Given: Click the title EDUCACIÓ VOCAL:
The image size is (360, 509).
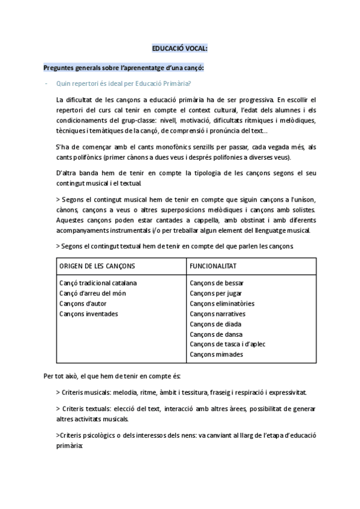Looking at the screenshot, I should coord(179,49).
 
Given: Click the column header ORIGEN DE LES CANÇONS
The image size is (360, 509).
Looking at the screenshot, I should coord(97,266).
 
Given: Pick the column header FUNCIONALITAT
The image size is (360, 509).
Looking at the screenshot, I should coord(213,266).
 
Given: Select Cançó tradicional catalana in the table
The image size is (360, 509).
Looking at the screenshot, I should coord(98,283).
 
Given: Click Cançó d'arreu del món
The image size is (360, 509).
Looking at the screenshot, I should coord(93,293).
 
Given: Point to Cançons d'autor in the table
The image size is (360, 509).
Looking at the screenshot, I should coord(84,303).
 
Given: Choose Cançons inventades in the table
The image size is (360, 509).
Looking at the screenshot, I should coord(89,313).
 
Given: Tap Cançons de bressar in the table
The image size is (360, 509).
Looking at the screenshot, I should coord(217,283).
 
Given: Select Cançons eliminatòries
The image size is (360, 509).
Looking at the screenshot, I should coord(222,303).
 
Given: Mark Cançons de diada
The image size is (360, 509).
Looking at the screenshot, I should coord(215,324).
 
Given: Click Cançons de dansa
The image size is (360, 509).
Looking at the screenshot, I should coord(215,334).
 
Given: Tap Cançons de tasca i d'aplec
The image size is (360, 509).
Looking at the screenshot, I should coord(227,344).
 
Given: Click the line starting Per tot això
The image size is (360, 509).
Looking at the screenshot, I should coord(112,376).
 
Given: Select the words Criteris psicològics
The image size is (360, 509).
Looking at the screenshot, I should coord(86,436).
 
